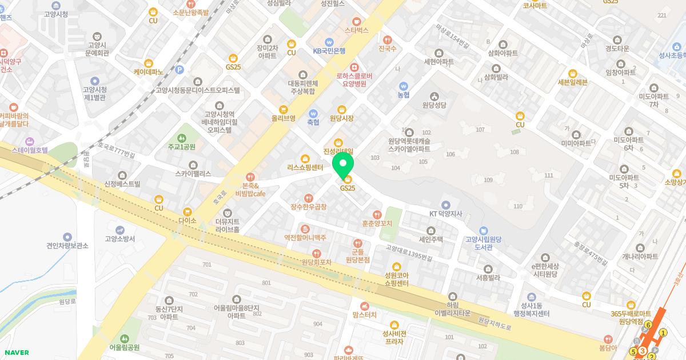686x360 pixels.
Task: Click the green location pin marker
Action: (343, 164)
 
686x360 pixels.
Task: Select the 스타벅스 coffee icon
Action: (357, 20)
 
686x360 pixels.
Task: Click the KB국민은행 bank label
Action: (329, 51)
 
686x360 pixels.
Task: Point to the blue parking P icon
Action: (180, 70)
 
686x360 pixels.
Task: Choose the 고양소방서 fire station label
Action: (120, 239)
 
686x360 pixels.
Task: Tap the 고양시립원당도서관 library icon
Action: (484, 231)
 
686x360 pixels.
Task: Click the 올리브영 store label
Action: (283, 118)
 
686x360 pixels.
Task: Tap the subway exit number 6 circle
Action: (648, 326)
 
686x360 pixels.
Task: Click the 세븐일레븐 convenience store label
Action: (572, 82)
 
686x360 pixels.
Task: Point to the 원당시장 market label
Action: (342, 118)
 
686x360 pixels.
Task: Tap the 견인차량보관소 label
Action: (67, 246)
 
